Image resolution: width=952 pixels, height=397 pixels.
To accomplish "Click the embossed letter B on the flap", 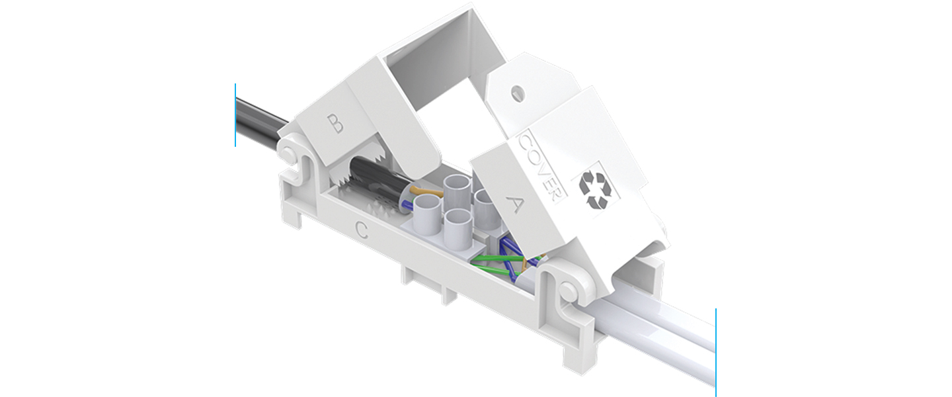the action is tap(335, 123).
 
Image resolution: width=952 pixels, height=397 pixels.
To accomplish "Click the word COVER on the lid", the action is tap(541, 168).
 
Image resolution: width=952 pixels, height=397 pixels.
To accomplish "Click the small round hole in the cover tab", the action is tap(517, 91).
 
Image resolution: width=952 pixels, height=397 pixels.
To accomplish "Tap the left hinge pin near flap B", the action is tap(288, 154).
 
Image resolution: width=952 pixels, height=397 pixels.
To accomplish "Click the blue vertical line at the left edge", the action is tap(235, 115).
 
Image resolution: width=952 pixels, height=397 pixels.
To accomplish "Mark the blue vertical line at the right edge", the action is tap(716, 352).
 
